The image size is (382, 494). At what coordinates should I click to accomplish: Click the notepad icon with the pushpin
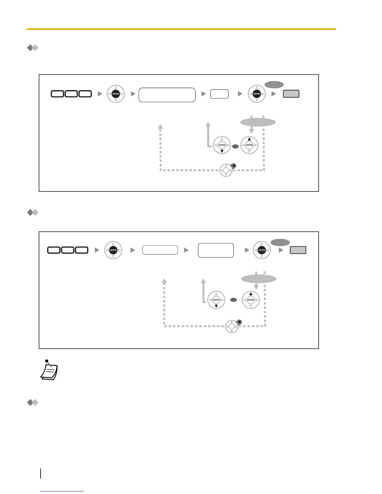pyautogui.click(x=49, y=371)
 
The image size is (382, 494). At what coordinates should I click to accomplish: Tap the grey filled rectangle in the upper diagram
pyautogui.click(x=291, y=94)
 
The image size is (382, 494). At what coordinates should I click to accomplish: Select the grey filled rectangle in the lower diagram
pyautogui.click(x=298, y=250)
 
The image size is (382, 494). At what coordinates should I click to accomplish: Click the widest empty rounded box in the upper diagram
pyautogui.click(x=167, y=95)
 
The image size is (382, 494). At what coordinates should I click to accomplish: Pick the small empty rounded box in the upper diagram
pyautogui.click(x=219, y=94)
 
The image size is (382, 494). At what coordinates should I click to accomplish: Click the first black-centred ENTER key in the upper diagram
pyautogui.click(x=116, y=94)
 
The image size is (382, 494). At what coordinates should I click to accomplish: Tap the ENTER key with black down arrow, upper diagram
pyautogui.click(x=222, y=145)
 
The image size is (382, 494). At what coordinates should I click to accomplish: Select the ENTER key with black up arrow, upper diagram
pyautogui.click(x=249, y=145)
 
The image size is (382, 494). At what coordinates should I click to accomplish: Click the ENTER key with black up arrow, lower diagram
pyautogui.click(x=251, y=300)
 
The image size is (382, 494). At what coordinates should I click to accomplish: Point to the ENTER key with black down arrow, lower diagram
pyautogui.click(x=216, y=300)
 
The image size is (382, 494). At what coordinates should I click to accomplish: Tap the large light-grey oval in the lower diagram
pyautogui.click(x=259, y=279)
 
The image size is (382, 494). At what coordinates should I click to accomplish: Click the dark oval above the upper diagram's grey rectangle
pyautogui.click(x=274, y=85)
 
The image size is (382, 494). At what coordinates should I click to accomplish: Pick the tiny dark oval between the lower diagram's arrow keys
pyautogui.click(x=233, y=300)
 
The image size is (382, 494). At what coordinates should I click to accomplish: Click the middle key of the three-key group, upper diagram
pyautogui.click(x=71, y=94)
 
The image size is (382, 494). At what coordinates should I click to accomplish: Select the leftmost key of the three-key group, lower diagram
pyautogui.click(x=54, y=250)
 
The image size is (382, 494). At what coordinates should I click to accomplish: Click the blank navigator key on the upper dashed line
pyautogui.click(x=226, y=170)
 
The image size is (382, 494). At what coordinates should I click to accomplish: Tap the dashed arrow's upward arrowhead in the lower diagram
pyautogui.click(x=164, y=281)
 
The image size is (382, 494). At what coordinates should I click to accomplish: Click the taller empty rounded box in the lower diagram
pyautogui.click(x=216, y=250)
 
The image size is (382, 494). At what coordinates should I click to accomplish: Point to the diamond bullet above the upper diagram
pyautogui.click(x=32, y=48)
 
